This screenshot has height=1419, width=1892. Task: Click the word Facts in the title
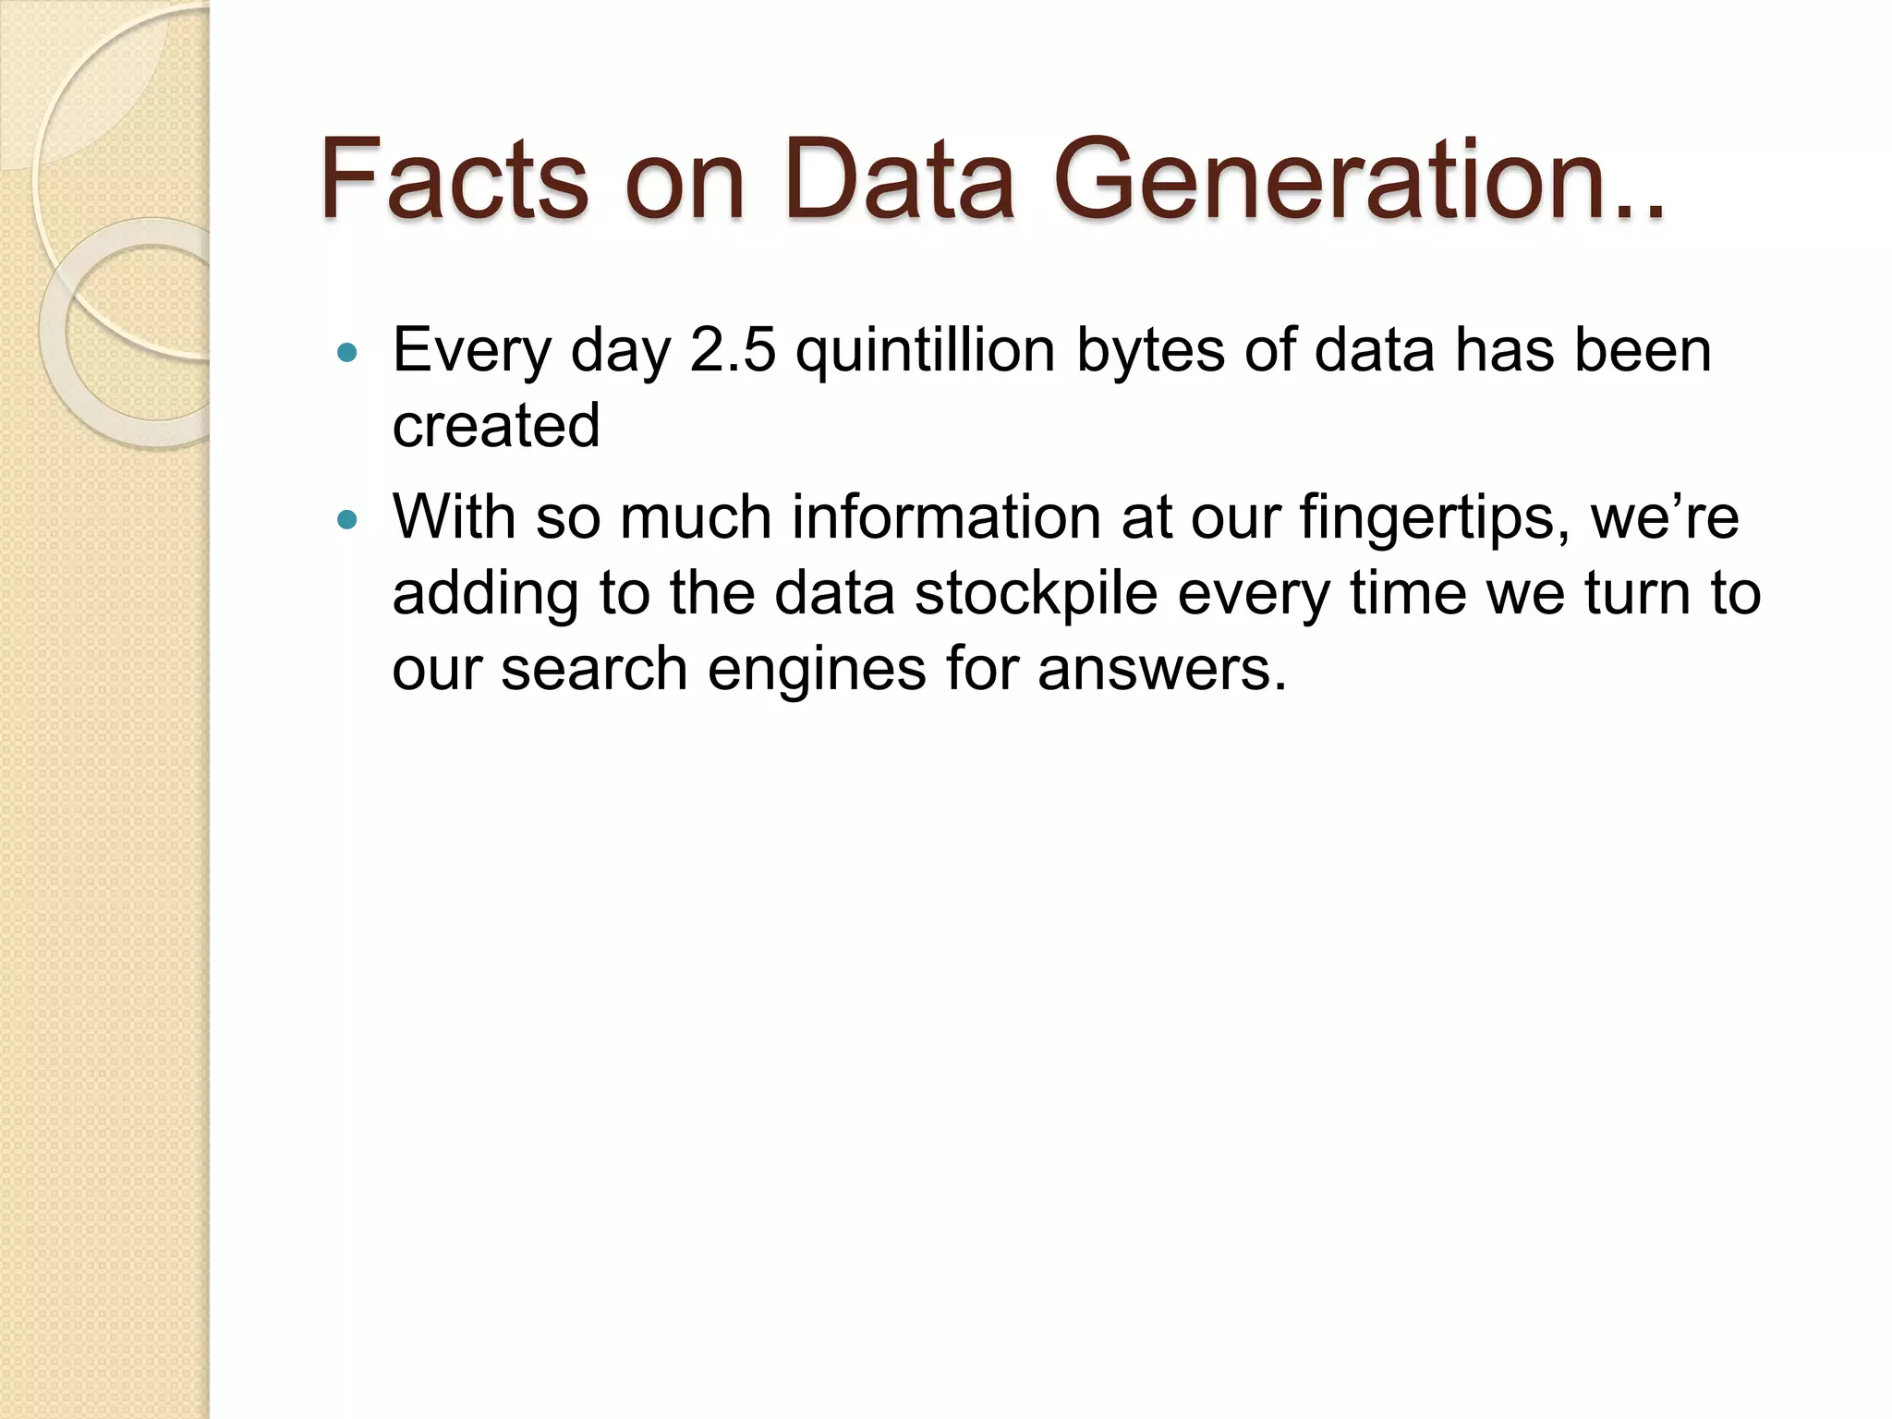pos(454,179)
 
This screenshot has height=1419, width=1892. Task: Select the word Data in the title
pos(900,179)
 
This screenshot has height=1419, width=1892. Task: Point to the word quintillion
pos(925,351)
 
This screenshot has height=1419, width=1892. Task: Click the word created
pos(496,426)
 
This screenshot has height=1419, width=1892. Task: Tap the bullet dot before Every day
pos(347,352)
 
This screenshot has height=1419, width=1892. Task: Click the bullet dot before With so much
pos(347,519)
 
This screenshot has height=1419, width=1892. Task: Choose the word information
pos(946,517)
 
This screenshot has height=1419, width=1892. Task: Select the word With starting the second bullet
pos(454,517)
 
